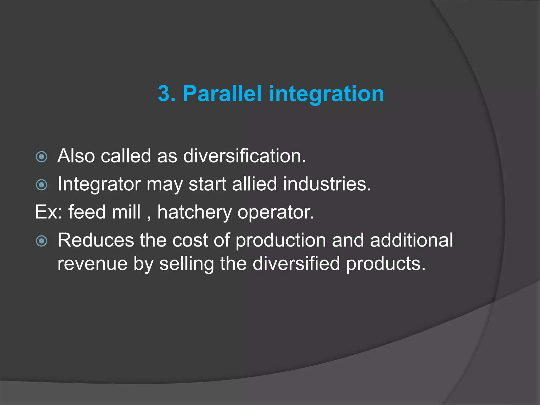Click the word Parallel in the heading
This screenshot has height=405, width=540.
click(222, 94)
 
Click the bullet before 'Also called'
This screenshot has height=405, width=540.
click(41, 157)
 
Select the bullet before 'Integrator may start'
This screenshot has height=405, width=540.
click(41, 185)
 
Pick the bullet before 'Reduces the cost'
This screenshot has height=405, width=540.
click(41, 241)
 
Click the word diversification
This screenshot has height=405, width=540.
click(244, 156)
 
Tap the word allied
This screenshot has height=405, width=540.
click(254, 184)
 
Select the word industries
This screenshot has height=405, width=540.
click(327, 184)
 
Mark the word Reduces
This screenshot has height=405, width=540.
click(96, 240)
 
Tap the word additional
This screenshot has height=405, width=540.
click(411, 240)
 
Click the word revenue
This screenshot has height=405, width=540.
click(92, 264)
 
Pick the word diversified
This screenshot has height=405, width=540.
click(296, 263)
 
